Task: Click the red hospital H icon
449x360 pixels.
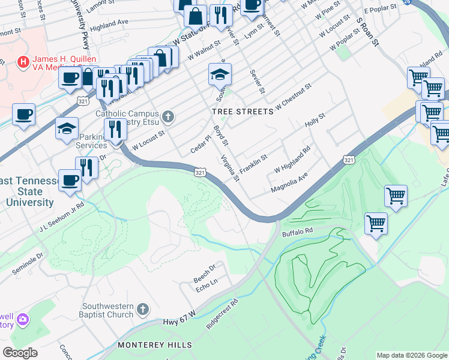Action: pos(23,61)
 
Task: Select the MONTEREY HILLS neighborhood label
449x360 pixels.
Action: pos(155,345)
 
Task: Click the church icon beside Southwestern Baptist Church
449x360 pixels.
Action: pos(142,310)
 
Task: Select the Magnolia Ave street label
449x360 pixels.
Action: pos(289,183)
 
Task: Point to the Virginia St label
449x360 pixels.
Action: pos(230,169)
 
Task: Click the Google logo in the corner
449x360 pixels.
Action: pos(20,353)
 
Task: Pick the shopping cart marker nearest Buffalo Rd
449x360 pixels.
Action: pos(376,223)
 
